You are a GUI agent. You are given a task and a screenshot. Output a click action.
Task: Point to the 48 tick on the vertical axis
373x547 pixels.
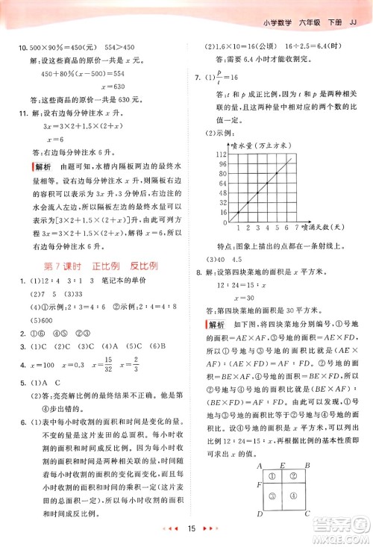pyautogui.click(x=222, y=192)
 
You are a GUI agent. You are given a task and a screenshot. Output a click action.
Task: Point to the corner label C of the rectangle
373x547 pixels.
pyautogui.click(x=307, y=514)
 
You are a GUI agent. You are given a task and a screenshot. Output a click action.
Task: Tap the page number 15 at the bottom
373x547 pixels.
pyautogui.click(x=191, y=529)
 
